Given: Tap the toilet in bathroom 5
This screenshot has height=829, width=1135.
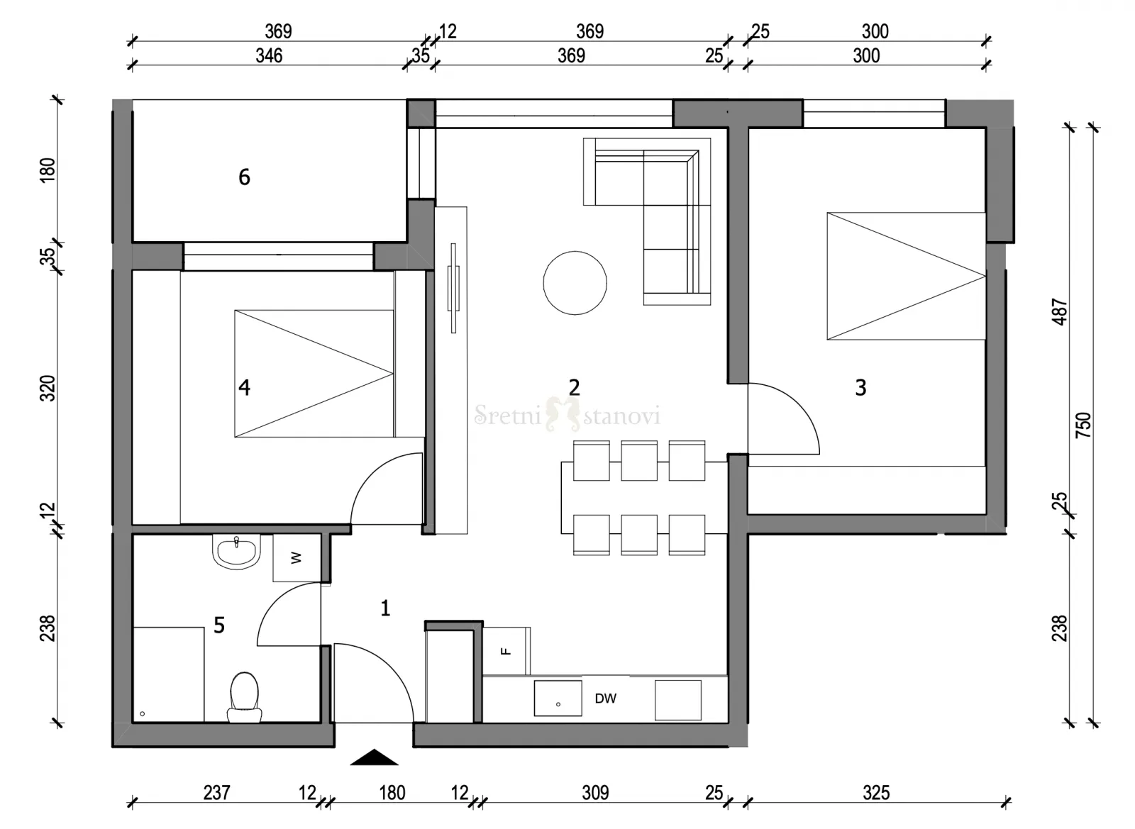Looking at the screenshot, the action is click(244, 697).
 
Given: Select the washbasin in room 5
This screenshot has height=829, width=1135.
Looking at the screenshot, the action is click(236, 552).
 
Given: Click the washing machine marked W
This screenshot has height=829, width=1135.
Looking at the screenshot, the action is click(297, 557).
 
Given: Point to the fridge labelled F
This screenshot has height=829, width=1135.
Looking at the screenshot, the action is click(506, 651).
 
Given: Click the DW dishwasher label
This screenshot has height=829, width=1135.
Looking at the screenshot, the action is click(606, 699).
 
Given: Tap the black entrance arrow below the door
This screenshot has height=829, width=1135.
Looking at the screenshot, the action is click(374, 757).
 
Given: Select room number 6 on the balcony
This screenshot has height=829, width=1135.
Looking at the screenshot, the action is click(244, 177).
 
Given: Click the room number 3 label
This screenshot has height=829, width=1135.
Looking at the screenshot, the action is click(861, 387).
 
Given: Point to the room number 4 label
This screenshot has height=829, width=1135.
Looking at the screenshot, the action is click(244, 387).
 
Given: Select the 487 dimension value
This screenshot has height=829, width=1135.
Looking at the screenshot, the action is click(1060, 312).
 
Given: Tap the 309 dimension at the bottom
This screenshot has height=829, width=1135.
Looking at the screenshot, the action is click(595, 793).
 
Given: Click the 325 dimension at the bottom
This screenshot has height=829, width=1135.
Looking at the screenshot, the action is click(876, 793).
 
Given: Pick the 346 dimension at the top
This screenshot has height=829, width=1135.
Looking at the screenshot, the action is click(269, 56).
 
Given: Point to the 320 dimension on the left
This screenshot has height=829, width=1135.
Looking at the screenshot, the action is click(47, 389).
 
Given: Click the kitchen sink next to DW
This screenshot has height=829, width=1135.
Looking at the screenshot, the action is click(558, 698).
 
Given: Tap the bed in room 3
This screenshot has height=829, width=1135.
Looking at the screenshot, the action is click(906, 276).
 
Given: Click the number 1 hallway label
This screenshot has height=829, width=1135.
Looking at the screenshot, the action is click(385, 608).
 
